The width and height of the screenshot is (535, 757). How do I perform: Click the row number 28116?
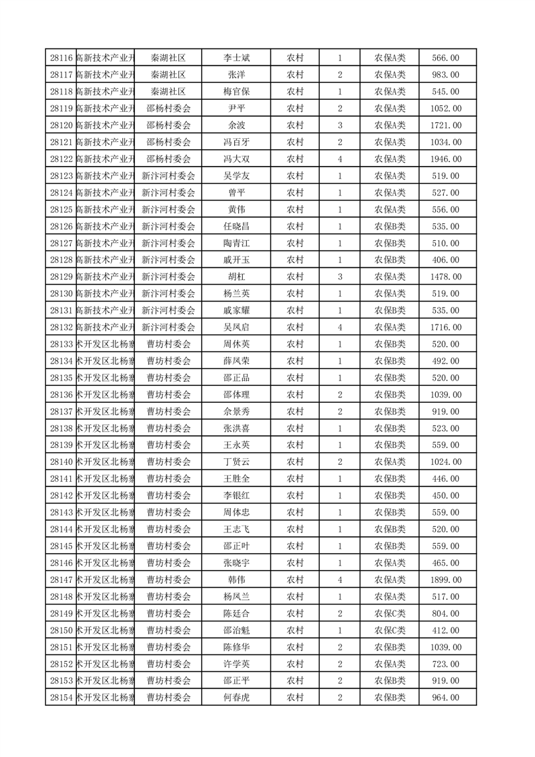coord(61,58)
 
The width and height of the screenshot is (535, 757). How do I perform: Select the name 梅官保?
coord(236,92)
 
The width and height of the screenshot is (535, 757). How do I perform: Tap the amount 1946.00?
coord(446,159)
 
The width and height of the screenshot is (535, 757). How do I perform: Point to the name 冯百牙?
coord(236,142)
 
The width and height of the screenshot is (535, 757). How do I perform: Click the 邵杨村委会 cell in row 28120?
coord(169,125)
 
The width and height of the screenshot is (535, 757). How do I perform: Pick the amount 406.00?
coord(446,260)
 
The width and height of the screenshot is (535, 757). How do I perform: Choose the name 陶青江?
coord(236,243)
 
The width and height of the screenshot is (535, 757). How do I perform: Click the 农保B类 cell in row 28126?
coord(390,226)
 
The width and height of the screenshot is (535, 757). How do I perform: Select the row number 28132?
coord(61,327)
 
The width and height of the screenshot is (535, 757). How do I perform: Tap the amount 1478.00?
coord(446,277)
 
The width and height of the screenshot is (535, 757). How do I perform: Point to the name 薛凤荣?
coord(236,361)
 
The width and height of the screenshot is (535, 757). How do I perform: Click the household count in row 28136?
coord(340,395)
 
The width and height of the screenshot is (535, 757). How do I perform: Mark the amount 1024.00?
coord(446,461)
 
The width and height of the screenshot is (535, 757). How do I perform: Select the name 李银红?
coord(236,495)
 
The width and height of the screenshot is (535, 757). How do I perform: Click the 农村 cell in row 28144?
coord(295,529)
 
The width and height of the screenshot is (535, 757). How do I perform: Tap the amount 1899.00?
coord(446,580)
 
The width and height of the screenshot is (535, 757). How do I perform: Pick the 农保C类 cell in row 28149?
coord(390,613)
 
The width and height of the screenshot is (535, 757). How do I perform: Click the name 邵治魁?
coord(236,630)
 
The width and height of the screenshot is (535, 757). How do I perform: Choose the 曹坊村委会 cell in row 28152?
coord(169,664)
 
